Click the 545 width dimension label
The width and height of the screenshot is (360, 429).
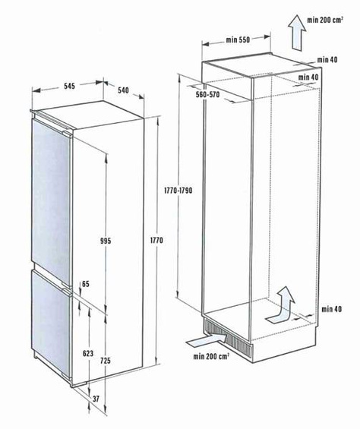pyautogui.click(x=69, y=86)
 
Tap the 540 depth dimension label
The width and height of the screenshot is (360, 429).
pyautogui.click(x=123, y=90)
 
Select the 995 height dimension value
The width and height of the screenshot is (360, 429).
pyautogui.click(x=106, y=241)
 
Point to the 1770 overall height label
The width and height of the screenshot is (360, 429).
pyautogui.click(x=156, y=240)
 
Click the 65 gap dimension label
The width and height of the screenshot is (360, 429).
pyautogui.click(x=86, y=284)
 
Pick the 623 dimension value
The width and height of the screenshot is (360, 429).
pyautogui.click(x=88, y=354)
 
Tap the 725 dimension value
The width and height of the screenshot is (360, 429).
pyautogui.click(x=106, y=361)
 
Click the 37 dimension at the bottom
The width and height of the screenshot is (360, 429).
pyautogui.click(x=96, y=399)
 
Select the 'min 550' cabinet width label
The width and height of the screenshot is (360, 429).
pyautogui.click(x=238, y=40)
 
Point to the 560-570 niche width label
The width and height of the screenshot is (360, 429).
pyautogui.click(x=208, y=95)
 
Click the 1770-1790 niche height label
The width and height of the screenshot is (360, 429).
pyautogui.click(x=178, y=191)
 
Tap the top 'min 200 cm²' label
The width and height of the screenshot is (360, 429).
pyautogui.click(x=325, y=20)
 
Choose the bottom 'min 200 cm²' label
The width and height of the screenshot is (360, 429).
pyautogui.click(x=211, y=356)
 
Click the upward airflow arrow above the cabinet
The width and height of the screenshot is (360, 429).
pyautogui.click(x=297, y=33)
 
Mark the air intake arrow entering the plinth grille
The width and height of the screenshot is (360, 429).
pyautogui.click(x=207, y=340)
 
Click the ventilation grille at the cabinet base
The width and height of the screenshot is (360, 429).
pyautogui.click(x=228, y=339)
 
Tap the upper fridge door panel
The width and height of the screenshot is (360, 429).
pyautogui.click(x=51, y=203)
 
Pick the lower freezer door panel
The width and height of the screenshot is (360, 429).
pyautogui.click(x=51, y=323)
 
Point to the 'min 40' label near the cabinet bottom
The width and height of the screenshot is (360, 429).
pyautogui.click(x=332, y=309)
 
